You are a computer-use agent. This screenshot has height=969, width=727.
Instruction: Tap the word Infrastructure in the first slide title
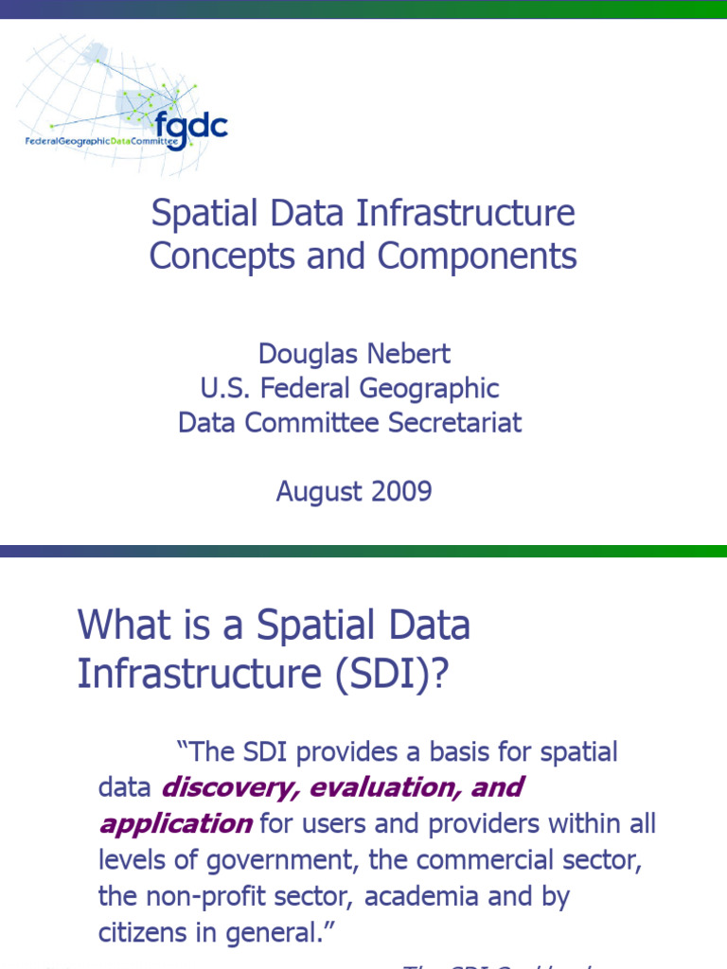[466, 213]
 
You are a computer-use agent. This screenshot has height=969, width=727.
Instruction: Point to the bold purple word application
[175, 823]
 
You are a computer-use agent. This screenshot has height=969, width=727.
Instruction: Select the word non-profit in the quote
[213, 895]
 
